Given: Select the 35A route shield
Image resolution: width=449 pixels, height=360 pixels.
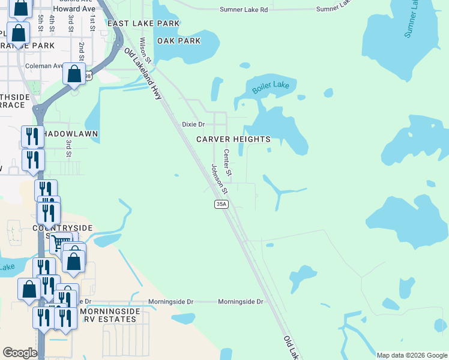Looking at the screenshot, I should tap(221, 205).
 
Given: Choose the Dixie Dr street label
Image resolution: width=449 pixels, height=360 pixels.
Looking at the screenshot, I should tap(193, 125).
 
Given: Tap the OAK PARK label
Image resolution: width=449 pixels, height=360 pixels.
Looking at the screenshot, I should tap(178, 41).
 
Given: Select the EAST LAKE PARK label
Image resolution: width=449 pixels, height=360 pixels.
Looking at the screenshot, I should tap(143, 23).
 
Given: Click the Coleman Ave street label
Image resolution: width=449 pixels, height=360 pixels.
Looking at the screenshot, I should tap(44, 66).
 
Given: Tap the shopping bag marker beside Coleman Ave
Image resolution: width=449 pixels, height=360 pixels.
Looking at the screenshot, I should tap(74, 74).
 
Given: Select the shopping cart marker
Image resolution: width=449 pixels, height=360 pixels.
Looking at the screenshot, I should tap(59, 243).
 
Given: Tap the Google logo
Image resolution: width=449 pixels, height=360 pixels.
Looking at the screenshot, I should tap(20, 353).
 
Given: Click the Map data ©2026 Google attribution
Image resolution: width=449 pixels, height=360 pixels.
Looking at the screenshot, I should tap(412, 355).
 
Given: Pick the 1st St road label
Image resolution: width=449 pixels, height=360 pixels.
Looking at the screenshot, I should tap(92, 23).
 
